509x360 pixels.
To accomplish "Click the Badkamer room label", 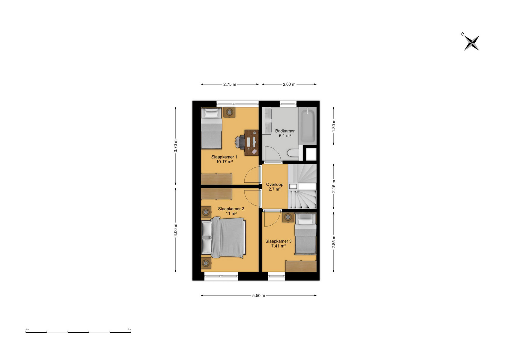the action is click(285, 133).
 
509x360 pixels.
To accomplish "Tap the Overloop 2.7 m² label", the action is click(275, 187).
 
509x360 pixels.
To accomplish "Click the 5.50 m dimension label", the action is click(259, 295).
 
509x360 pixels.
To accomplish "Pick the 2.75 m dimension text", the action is click(230, 84).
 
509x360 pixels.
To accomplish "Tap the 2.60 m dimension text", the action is click(289, 84).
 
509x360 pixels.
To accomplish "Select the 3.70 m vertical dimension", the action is click(176, 146).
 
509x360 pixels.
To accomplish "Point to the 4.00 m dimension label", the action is click(176, 230).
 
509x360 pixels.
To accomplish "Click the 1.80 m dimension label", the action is click(333, 126).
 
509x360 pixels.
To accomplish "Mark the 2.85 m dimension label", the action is click(333, 242).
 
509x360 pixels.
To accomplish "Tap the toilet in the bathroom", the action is click(295, 153).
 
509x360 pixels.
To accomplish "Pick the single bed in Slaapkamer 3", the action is click(306, 234).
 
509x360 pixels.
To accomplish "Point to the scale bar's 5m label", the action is click(129, 329).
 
